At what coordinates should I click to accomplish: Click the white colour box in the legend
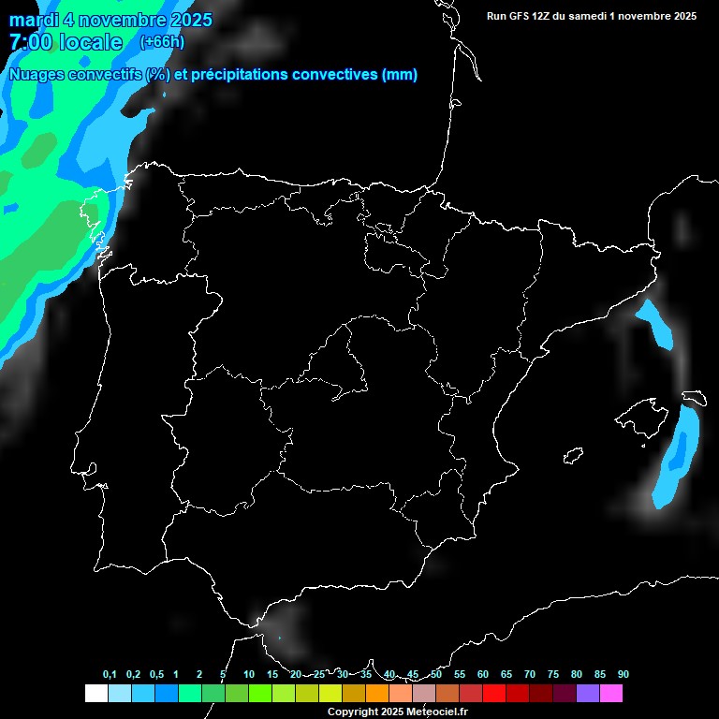(x=95, y=694)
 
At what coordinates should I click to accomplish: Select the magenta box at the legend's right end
(x=611, y=694)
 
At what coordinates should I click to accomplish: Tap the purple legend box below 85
(x=588, y=694)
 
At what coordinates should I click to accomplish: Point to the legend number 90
(x=623, y=674)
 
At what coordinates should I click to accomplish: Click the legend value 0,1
(x=110, y=674)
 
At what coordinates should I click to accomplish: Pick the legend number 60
(x=482, y=674)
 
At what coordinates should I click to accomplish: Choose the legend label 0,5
(x=156, y=674)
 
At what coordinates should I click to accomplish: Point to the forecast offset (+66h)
(x=161, y=42)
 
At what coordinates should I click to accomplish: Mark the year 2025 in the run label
(x=681, y=16)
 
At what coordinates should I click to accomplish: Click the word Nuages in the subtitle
(x=37, y=75)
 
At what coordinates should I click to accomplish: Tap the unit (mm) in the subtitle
(x=400, y=75)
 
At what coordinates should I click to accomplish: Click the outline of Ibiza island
(x=573, y=455)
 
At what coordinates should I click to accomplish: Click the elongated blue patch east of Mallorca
(x=678, y=454)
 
